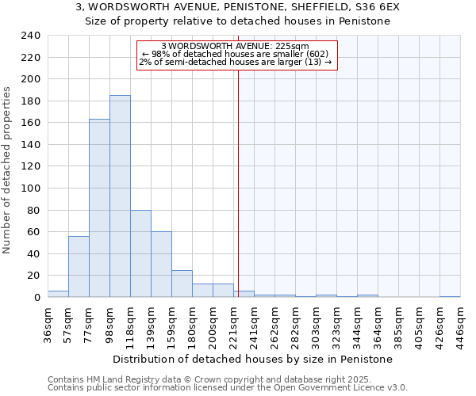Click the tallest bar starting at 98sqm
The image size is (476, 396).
[x=120, y=196]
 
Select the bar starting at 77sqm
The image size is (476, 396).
[x=99, y=208]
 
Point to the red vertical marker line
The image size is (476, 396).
[x=238, y=174]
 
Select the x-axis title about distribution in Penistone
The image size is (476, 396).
[x=253, y=359]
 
